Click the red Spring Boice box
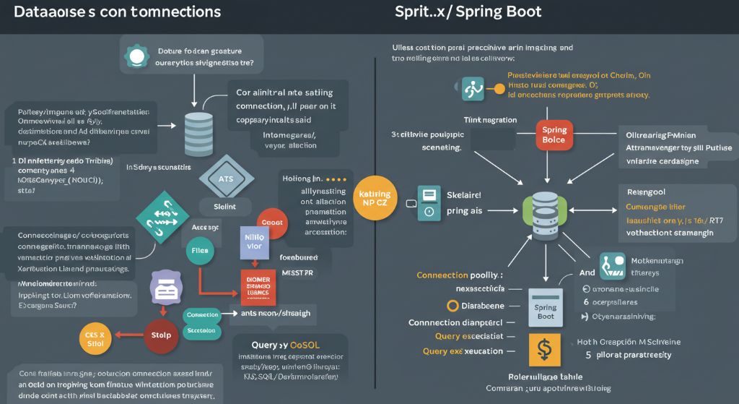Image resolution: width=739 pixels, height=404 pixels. (554, 134)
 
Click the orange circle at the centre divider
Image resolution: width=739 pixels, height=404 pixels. (375, 199)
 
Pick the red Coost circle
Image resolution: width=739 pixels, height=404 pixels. (271, 223)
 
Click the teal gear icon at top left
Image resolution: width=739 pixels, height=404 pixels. (135, 56)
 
